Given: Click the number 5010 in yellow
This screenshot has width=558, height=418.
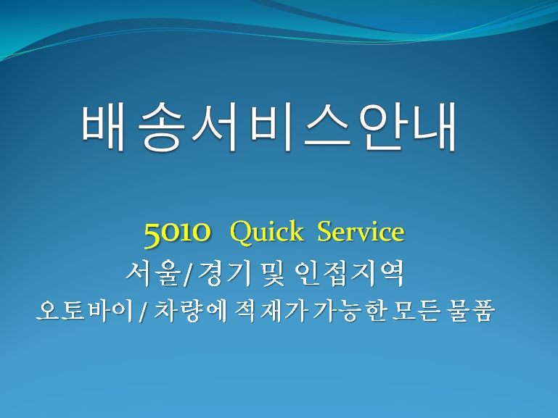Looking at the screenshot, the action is point(177,233).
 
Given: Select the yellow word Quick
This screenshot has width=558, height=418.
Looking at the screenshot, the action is point(266,233).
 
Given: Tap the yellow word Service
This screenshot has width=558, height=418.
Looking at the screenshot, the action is point(361,231).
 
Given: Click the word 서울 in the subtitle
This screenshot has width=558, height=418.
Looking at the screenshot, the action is point(152,273).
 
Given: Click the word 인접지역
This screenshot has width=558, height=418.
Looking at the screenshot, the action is point(350,273).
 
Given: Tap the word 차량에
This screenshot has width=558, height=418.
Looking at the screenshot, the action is point(191,311).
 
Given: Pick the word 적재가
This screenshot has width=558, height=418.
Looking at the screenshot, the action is point(271,311).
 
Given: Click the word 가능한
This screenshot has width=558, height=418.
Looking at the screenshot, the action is point(349,311).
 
